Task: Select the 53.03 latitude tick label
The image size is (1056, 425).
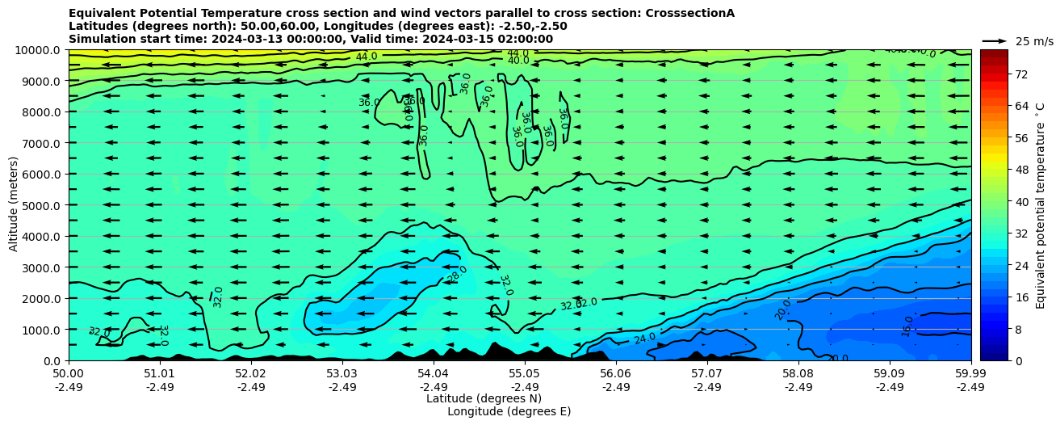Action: (x=342, y=374)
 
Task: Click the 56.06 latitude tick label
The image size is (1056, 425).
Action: (x=616, y=374)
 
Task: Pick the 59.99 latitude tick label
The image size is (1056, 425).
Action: (x=970, y=374)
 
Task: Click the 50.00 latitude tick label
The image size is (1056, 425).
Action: (x=69, y=374)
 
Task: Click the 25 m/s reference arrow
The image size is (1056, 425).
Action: (x=995, y=40)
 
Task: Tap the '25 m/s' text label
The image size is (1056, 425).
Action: (x=1033, y=41)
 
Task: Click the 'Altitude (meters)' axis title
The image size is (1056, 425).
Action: (x=14, y=205)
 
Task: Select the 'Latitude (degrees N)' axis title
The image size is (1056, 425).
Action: (x=484, y=398)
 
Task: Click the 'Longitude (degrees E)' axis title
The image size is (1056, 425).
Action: (x=509, y=411)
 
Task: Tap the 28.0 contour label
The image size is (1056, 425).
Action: (x=457, y=274)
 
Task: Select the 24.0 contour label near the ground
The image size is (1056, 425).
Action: (x=645, y=338)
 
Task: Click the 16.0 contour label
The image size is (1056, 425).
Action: (x=907, y=326)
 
